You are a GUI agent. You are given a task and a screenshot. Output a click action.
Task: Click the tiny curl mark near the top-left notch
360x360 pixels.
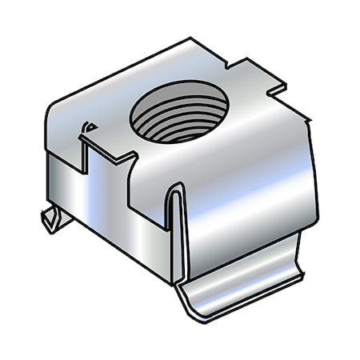coord(88,127)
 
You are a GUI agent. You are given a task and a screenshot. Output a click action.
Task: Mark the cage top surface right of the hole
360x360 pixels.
coord(248,120)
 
